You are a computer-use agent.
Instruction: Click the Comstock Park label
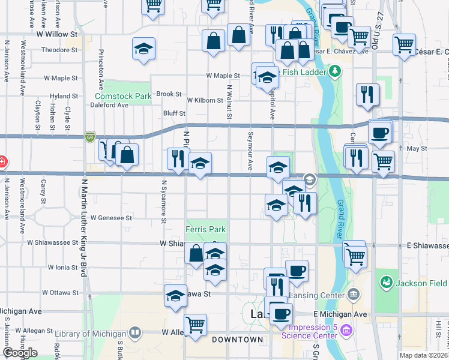123,96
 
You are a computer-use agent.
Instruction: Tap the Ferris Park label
205,229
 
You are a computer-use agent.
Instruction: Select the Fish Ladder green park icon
335,73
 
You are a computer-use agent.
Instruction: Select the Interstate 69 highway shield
89,137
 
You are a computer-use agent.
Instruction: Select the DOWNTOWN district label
237,340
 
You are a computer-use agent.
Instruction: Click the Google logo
20,352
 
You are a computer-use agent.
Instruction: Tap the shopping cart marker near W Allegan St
195,325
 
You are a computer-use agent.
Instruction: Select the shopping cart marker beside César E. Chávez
405,44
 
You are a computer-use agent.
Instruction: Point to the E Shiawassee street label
427,246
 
